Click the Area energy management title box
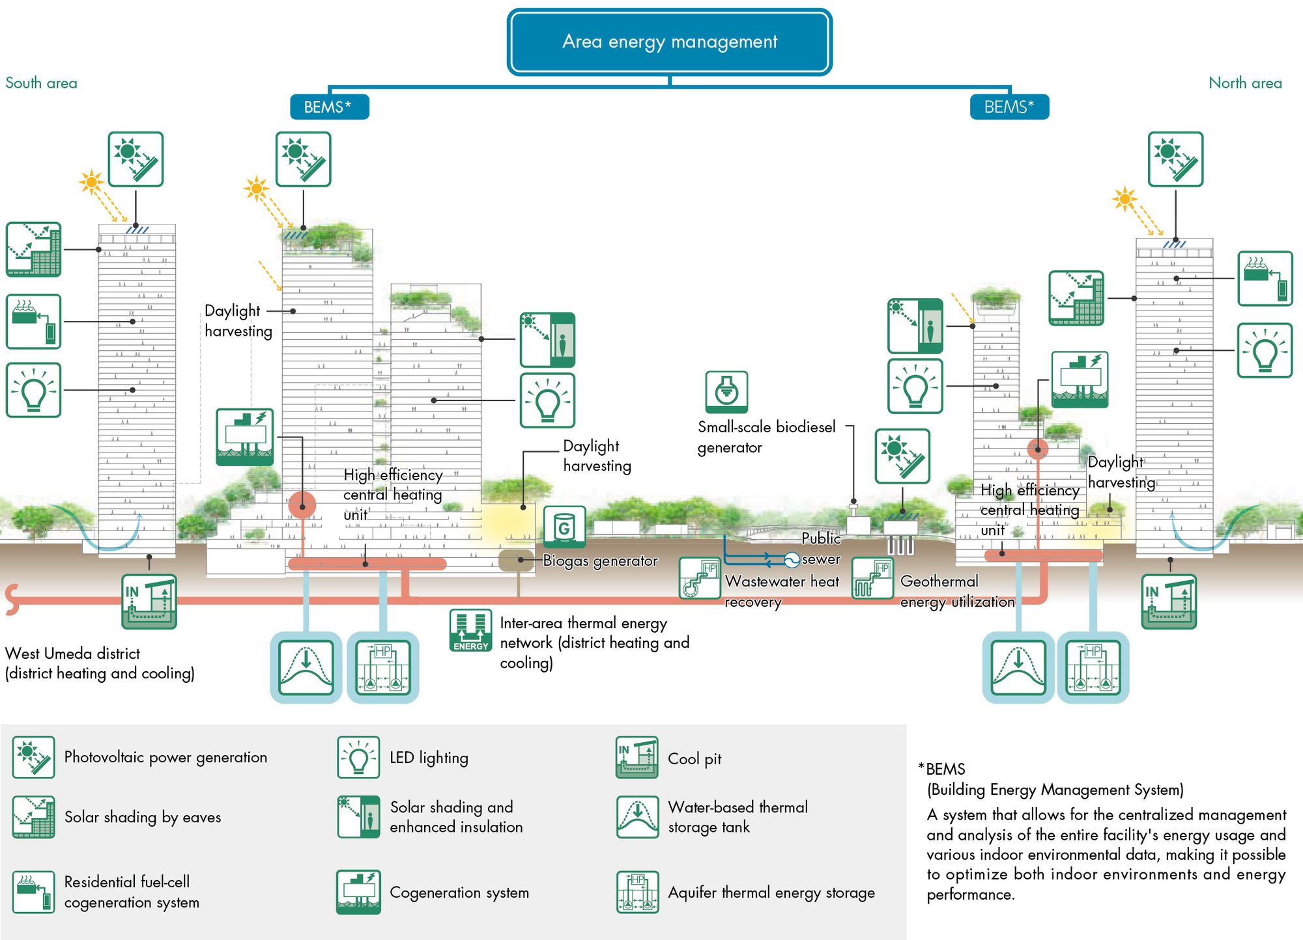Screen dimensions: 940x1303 coord(669,42)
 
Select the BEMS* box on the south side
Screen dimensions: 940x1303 coord(329,107)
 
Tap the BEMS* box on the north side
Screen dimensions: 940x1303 coord(1009,107)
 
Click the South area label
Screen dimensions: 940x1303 coord(41,83)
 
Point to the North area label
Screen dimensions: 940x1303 coord(1245,83)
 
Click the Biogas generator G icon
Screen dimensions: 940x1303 coord(564,527)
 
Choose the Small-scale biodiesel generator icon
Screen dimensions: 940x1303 coord(726,392)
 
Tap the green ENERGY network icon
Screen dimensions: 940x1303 coord(470,630)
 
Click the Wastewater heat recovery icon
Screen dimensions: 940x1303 coord(699,577)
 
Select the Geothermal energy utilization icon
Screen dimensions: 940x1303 coord(872,577)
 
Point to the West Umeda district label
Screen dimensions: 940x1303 coord(72,654)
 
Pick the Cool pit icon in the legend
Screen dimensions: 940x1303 coord(637,758)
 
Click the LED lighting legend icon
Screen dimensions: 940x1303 coord(358,758)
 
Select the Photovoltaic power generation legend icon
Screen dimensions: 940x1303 coord(33,757)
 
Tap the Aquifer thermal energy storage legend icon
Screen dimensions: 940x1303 coord(637,892)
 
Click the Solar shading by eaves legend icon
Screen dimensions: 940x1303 coord(33,817)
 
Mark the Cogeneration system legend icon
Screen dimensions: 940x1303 coord(358,892)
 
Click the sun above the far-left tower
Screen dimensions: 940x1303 coord(91,182)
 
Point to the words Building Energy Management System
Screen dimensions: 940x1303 coord(1055,790)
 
